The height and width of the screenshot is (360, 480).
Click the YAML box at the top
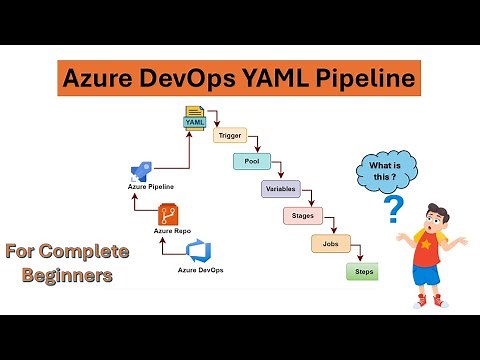(x=194, y=122)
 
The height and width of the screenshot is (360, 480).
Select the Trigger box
(x=231, y=134)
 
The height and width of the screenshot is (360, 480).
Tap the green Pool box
(x=252, y=160)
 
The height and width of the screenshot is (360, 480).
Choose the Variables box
(x=280, y=188)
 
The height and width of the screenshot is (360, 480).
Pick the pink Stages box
(x=302, y=215)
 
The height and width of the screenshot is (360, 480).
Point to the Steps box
(x=360, y=271)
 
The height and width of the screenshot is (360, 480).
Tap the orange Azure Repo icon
(x=170, y=214)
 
